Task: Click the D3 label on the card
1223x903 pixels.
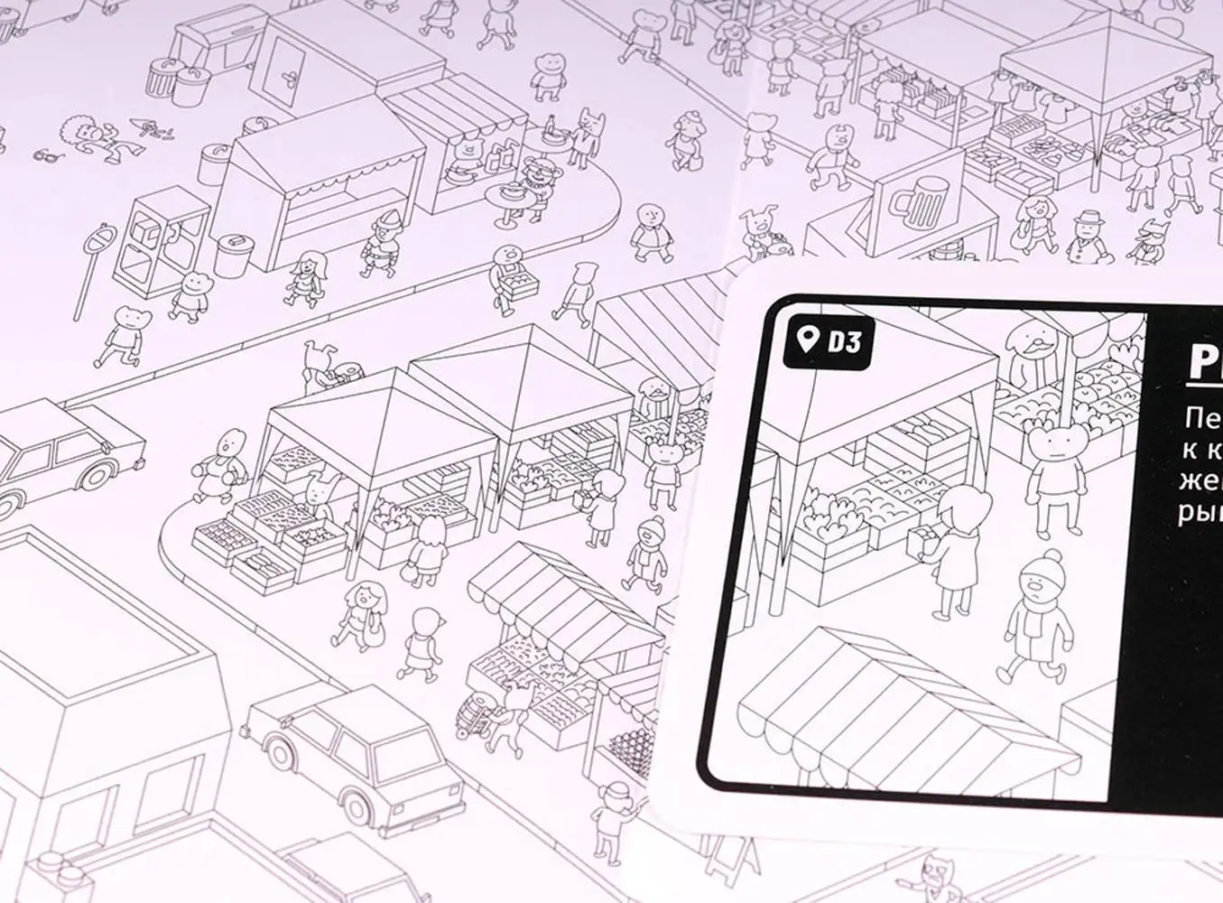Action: pos(845,342)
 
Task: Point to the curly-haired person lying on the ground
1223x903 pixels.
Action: pos(91,136)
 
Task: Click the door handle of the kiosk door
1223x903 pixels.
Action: pos(290,77)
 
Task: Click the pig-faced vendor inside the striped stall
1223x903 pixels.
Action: pos(468,152)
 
